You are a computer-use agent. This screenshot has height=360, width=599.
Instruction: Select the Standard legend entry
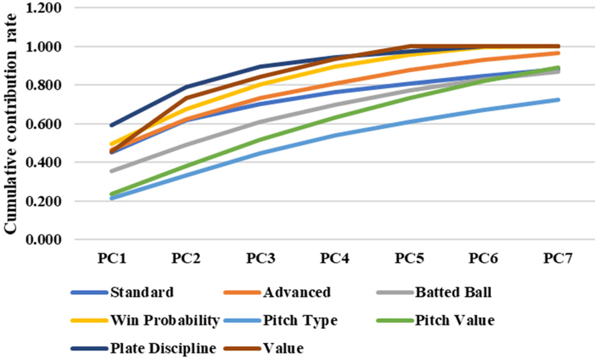tap(142, 292)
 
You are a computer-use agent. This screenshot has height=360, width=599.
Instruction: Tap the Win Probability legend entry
tap(165, 320)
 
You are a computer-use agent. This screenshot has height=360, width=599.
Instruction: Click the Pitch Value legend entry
tap(455, 320)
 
